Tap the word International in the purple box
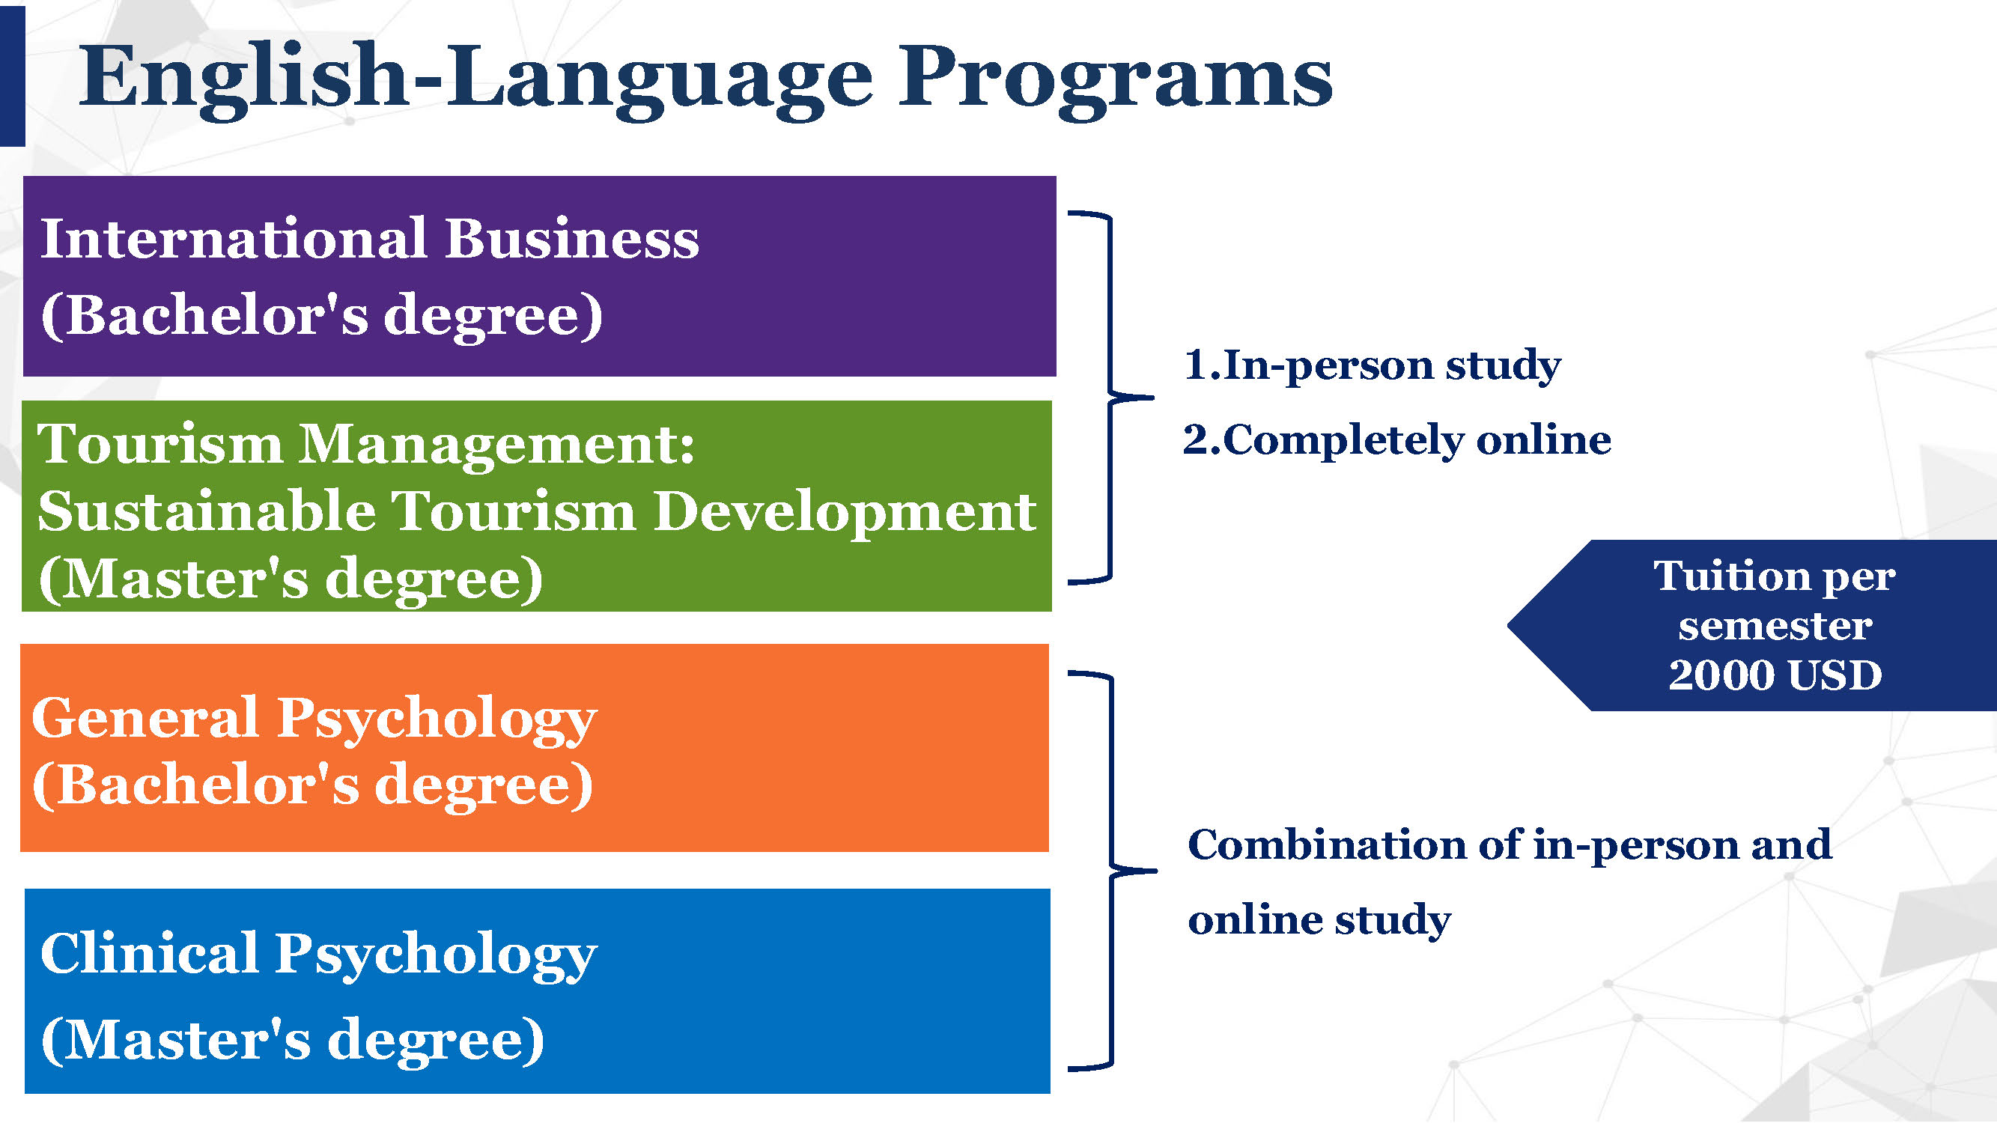234,238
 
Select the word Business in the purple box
572,238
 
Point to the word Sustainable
205,511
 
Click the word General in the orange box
145,719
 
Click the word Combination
1326,844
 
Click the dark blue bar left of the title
13,76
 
